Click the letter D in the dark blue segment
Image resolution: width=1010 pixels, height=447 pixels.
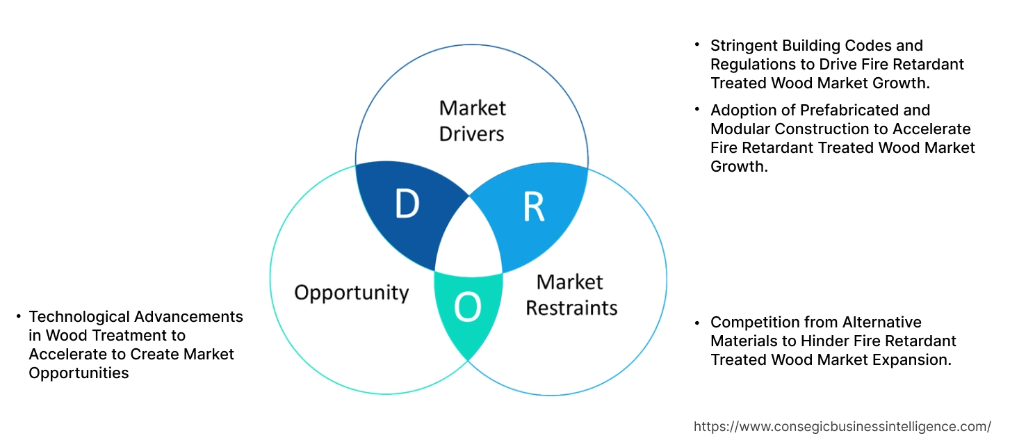[x=407, y=204]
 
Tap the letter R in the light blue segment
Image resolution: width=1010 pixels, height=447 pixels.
[x=533, y=208]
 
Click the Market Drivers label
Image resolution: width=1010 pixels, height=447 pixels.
[x=472, y=120]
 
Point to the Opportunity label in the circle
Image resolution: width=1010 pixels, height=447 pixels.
[x=351, y=292]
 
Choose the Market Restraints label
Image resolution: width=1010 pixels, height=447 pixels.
[x=571, y=294]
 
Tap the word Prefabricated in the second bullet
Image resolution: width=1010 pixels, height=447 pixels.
[x=865, y=110]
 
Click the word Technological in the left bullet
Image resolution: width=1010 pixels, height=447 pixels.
[x=76, y=316]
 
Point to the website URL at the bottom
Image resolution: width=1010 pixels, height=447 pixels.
[x=842, y=426]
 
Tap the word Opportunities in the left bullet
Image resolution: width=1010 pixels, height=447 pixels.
[x=79, y=373]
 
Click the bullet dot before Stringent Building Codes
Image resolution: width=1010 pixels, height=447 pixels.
[x=697, y=44]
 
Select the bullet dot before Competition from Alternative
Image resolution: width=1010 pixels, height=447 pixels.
[x=697, y=322]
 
